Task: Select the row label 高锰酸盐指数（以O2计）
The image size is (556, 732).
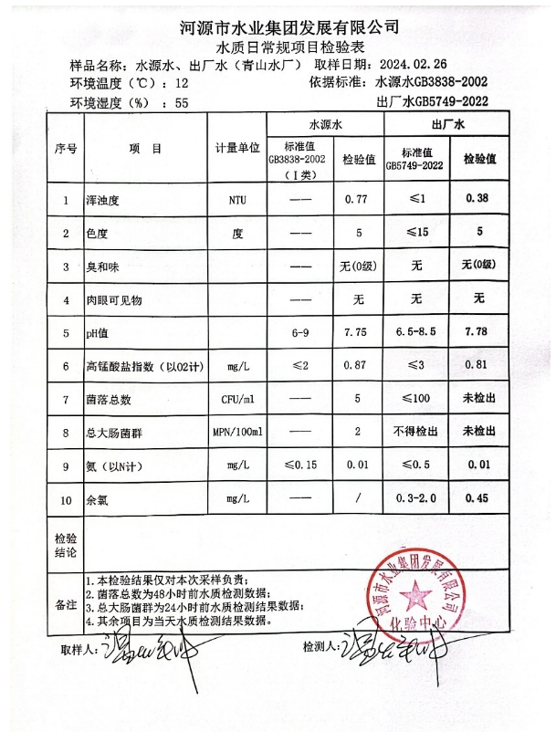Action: click(144, 367)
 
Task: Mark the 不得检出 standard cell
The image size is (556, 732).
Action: click(415, 433)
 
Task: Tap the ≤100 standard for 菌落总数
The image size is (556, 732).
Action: click(415, 400)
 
